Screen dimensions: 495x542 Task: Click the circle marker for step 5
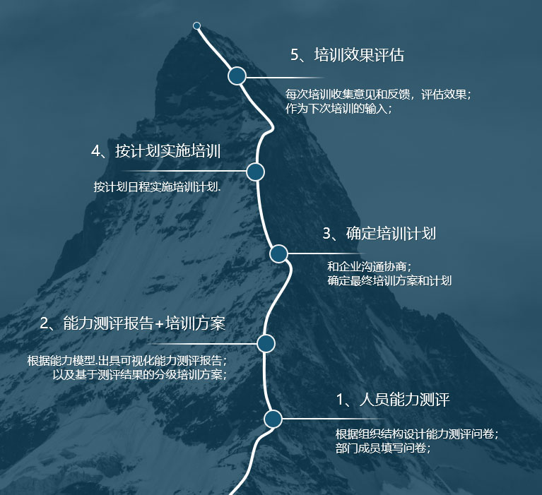(237, 76)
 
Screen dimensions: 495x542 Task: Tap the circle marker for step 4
(255, 172)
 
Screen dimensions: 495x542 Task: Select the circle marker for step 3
(278, 254)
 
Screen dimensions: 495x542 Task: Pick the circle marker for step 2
(266, 343)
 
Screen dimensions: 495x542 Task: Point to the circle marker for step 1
(273, 419)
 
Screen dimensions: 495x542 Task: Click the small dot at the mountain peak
(196, 26)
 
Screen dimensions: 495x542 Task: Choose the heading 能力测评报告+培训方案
(133, 323)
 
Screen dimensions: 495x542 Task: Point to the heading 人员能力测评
(393, 400)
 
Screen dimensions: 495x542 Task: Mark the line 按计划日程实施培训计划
(157, 188)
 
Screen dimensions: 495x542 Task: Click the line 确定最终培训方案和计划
(389, 280)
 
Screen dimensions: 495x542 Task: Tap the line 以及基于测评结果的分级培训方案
(140, 374)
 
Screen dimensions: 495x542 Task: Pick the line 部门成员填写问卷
(382, 448)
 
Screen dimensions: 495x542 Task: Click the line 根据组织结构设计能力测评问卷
(417, 434)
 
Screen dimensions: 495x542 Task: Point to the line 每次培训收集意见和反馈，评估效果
(378, 94)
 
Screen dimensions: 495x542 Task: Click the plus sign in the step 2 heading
(159, 324)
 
